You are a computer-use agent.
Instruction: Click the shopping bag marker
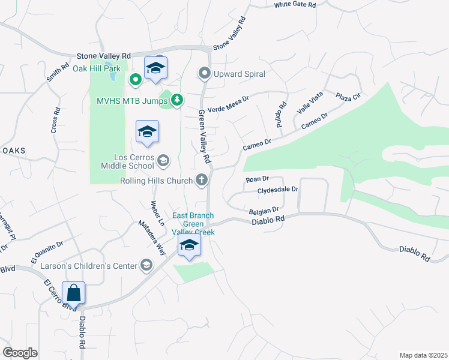click(x=73, y=293)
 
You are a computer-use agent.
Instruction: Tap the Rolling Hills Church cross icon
click(x=202, y=179)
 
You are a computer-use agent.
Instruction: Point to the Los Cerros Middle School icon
click(x=163, y=161)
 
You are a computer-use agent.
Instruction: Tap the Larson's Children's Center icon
click(x=146, y=265)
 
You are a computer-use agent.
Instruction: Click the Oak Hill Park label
click(x=97, y=68)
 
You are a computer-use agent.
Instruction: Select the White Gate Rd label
click(x=295, y=5)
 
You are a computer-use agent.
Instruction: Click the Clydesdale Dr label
click(x=277, y=190)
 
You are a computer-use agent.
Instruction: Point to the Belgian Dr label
click(x=264, y=210)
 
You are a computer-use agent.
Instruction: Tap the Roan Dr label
click(x=257, y=179)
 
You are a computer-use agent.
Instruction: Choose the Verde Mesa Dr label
click(x=228, y=101)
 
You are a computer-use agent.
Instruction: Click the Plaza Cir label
click(x=348, y=97)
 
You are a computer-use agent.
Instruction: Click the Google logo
click(x=20, y=353)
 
